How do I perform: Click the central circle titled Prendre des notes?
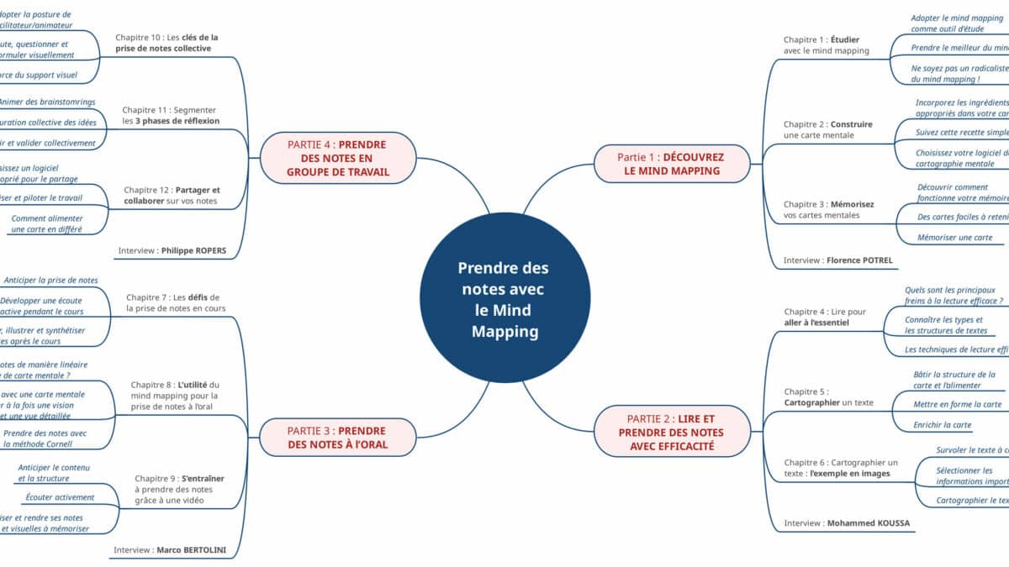point(504,299)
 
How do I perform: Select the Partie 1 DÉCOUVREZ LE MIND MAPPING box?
point(671,164)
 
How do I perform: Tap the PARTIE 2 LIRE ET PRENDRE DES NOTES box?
point(671,432)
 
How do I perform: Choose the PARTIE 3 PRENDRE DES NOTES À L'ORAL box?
point(337,438)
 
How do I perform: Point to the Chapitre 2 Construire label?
point(827,129)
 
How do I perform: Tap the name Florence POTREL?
point(859,260)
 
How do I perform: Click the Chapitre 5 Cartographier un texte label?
point(828,396)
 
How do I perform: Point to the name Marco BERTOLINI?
point(192,551)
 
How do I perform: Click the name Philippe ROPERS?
point(196,250)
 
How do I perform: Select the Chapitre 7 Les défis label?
point(176,302)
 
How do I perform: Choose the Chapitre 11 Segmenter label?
point(171,115)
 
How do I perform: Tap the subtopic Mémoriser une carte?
point(955,238)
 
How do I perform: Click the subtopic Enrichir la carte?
point(942,425)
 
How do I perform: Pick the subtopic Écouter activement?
point(60,497)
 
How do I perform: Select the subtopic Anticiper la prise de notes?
point(51,280)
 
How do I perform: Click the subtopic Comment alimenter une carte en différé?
point(47,223)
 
